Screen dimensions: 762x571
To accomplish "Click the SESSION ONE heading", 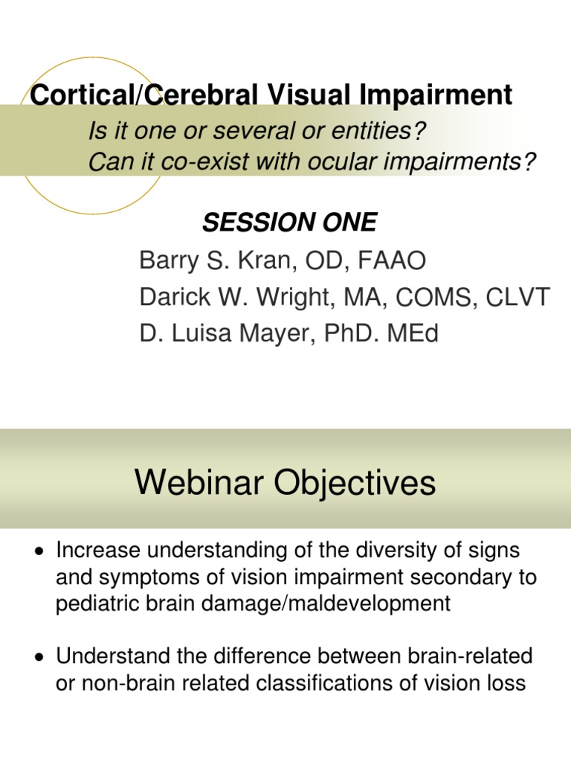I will [290, 222].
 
